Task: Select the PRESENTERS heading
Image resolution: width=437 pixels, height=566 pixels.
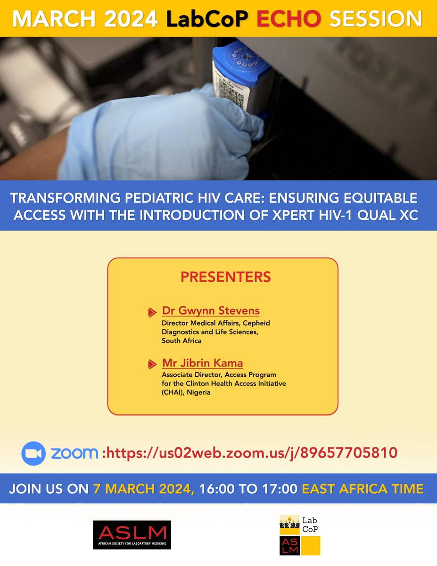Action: point(226,276)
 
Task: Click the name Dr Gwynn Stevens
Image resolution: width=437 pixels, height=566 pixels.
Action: point(211,311)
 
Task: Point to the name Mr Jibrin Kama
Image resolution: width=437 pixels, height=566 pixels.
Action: point(202,363)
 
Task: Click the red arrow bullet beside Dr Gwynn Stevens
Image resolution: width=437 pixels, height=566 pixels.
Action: point(152,312)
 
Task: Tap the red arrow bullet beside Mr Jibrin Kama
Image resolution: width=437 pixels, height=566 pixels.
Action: point(152,365)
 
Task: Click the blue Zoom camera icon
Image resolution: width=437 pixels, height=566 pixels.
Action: point(33,453)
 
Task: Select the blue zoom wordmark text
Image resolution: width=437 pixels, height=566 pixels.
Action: point(74,453)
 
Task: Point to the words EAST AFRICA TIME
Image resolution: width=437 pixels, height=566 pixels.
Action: point(363,488)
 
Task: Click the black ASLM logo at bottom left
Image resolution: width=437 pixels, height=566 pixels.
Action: point(132,535)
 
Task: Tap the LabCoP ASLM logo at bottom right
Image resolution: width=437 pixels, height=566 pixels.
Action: point(299,535)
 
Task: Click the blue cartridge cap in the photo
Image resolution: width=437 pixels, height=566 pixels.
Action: point(240,61)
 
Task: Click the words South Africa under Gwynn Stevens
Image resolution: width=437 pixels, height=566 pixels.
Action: point(181,340)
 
